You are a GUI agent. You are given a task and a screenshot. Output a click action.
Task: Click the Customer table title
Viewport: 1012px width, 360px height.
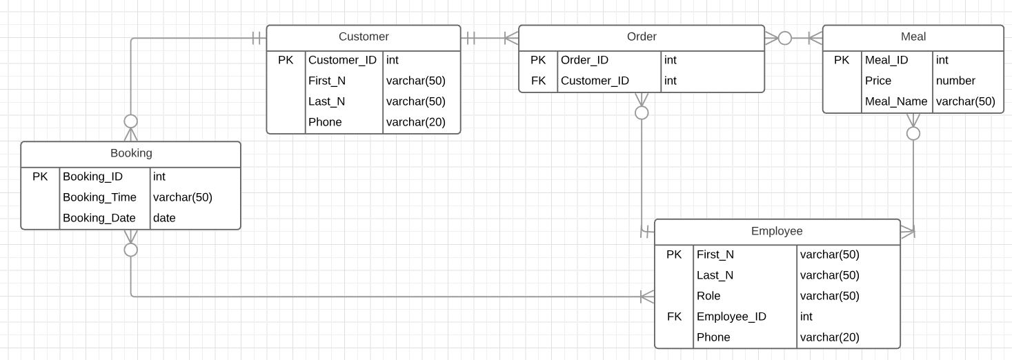pyautogui.click(x=364, y=37)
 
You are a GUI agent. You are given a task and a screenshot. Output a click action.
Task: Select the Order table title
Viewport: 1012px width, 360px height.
pyautogui.click(x=642, y=37)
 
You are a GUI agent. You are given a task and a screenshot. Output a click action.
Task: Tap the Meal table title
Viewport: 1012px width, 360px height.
pyautogui.click(x=913, y=37)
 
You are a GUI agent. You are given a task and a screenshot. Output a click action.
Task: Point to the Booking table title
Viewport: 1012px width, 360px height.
pyautogui.click(x=131, y=153)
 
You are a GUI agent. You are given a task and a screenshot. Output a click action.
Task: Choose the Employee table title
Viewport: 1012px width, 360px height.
pyautogui.click(x=777, y=231)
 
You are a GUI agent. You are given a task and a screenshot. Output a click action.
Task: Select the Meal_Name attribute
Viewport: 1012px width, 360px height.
pyautogui.click(x=896, y=101)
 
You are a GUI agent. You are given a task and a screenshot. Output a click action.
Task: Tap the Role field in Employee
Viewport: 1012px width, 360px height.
pyautogui.click(x=708, y=296)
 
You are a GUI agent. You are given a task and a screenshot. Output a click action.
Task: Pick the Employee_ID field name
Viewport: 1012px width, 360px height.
pyautogui.click(x=731, y=317)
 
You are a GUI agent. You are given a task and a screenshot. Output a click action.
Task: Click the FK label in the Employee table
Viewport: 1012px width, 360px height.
pyautogui.click(x=674, y=317)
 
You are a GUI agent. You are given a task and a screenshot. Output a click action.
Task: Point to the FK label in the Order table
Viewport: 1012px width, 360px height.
pyautogui.click(x=538, y=81)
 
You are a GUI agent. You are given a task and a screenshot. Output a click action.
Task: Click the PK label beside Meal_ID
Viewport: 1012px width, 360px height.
pyautogui.click(x=842, y=60)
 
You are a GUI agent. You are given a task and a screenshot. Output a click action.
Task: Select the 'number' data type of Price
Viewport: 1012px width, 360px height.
pyautogui.click(x=955, y=81)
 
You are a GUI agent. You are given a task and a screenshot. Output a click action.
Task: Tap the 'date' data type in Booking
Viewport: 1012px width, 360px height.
pyautogui.click(x=164, y=218)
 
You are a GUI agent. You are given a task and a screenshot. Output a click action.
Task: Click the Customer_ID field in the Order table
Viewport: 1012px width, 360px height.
pyautogui.click(x=595, y=81)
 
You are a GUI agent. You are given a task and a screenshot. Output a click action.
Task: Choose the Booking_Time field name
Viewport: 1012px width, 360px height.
pyautogui.click(x=99, y=197)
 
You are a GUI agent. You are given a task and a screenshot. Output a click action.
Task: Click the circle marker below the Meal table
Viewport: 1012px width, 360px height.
pyautogui.click(x=913, y=132)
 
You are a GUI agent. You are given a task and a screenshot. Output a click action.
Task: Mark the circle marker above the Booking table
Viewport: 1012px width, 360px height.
pyautogui.click(x=130, y=121)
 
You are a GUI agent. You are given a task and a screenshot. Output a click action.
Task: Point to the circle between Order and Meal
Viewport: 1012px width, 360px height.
pyautogui.click(x=785, y=38)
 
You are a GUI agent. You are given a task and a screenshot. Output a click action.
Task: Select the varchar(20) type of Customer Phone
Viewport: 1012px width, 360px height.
pyautogui.click(x=415, y=122)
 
